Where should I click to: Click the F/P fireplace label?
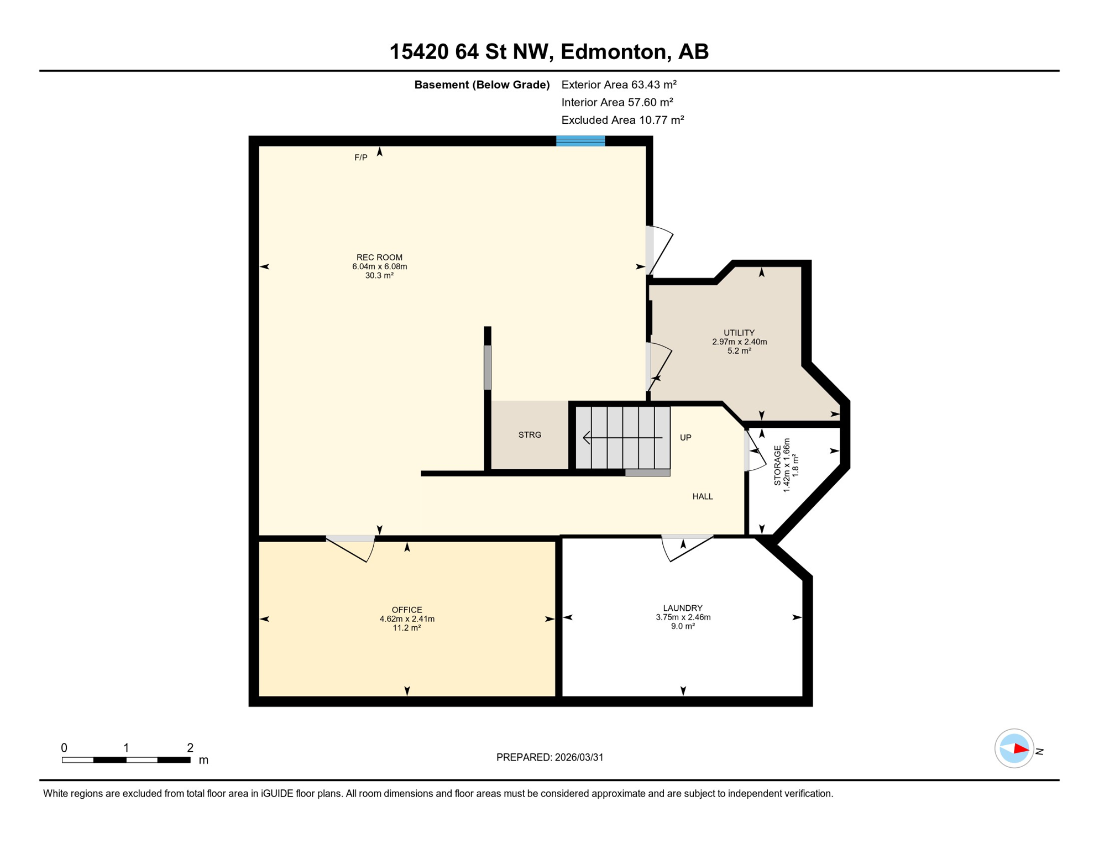(360, 158)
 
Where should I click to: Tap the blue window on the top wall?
(580, 141)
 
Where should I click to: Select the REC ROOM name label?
(379, 258)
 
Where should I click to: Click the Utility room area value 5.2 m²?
(739, 351)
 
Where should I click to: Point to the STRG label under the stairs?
(530, 435)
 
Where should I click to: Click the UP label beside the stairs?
(685, 438)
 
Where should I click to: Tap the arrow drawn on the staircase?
(622, 438)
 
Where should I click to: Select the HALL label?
(703, 497)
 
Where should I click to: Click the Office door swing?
(354, 550)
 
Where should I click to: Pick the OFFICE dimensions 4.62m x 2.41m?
(407, 619)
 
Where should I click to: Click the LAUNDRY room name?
(683, 608)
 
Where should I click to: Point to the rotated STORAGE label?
(777, 465)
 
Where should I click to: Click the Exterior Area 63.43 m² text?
(619, 85)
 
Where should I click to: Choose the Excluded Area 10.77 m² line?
(622, 120)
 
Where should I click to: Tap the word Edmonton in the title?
(614, 51)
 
